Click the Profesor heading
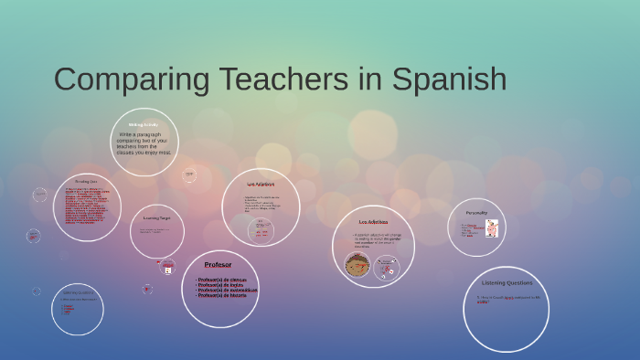pyautogui.click(x=218, y=265)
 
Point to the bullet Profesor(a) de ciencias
pyautogui.click(x=220, y=280)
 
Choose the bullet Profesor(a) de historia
pyautogui.click(x=220, y=296)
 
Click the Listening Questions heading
pyautogui.click(x=507, y=283)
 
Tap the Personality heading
pyautogui.click(x=476, y=213)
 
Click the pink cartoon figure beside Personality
pyautogui.click(x=492, y=228)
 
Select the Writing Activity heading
pyautogui.click(x=144, y=124)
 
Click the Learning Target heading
pyautogui.click(x=156, y=218)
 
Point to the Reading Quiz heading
pyautogui.click(x=87, y=182)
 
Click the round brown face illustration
pyautogui.click(x=357, y=266)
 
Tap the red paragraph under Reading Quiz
pyautogui.click(x=86, y=206)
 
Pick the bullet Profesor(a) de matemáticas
pyautogui.click(x=226, y=291)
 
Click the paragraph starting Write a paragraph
pyautogui.click(x=144, y=143)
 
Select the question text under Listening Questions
pyautogui.click(x=507, y=299)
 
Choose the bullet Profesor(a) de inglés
pyautogui.click(x=219, y=285)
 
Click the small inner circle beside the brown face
pyautogui.click(x=387, y=267)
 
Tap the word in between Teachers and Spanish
pyautogui.click(x=369, y=79)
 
